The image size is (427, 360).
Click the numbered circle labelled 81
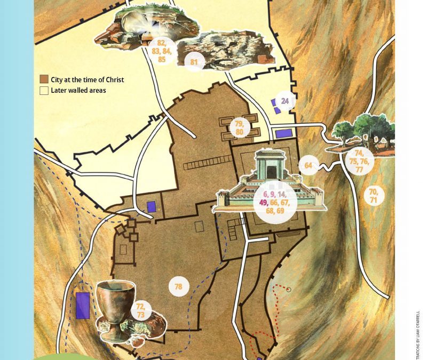(x=194, y=62)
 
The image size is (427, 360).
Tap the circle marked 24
(x=285, y=101)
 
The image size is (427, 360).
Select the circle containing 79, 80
(x=239, y=127)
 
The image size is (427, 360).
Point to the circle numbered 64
(x=308, y=166)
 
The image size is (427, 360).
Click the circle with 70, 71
(x=373, y=195)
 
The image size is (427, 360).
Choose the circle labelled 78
(x=178, y=287)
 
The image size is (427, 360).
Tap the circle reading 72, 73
(x=141, y=310)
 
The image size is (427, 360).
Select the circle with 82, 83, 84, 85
(x=161, y=51)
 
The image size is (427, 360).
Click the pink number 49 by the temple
(x=263, y=203)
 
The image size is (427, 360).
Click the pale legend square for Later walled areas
(x=44, y=91)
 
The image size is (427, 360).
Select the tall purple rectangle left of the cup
(x=82, y=306)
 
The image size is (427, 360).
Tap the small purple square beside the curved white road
(x=152, y=206)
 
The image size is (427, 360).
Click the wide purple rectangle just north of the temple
(x=283, y=133)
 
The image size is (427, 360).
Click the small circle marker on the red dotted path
(x=289, y=290)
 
